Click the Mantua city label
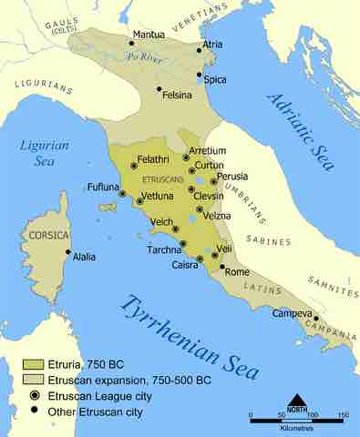tap(149, 36)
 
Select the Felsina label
tap(177, 94)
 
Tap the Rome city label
tap(236, 272)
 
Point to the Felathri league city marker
tap(134, 166)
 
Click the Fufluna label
tap(103, 187)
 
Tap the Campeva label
tap(292, 314)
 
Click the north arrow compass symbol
tap(298, 401)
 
